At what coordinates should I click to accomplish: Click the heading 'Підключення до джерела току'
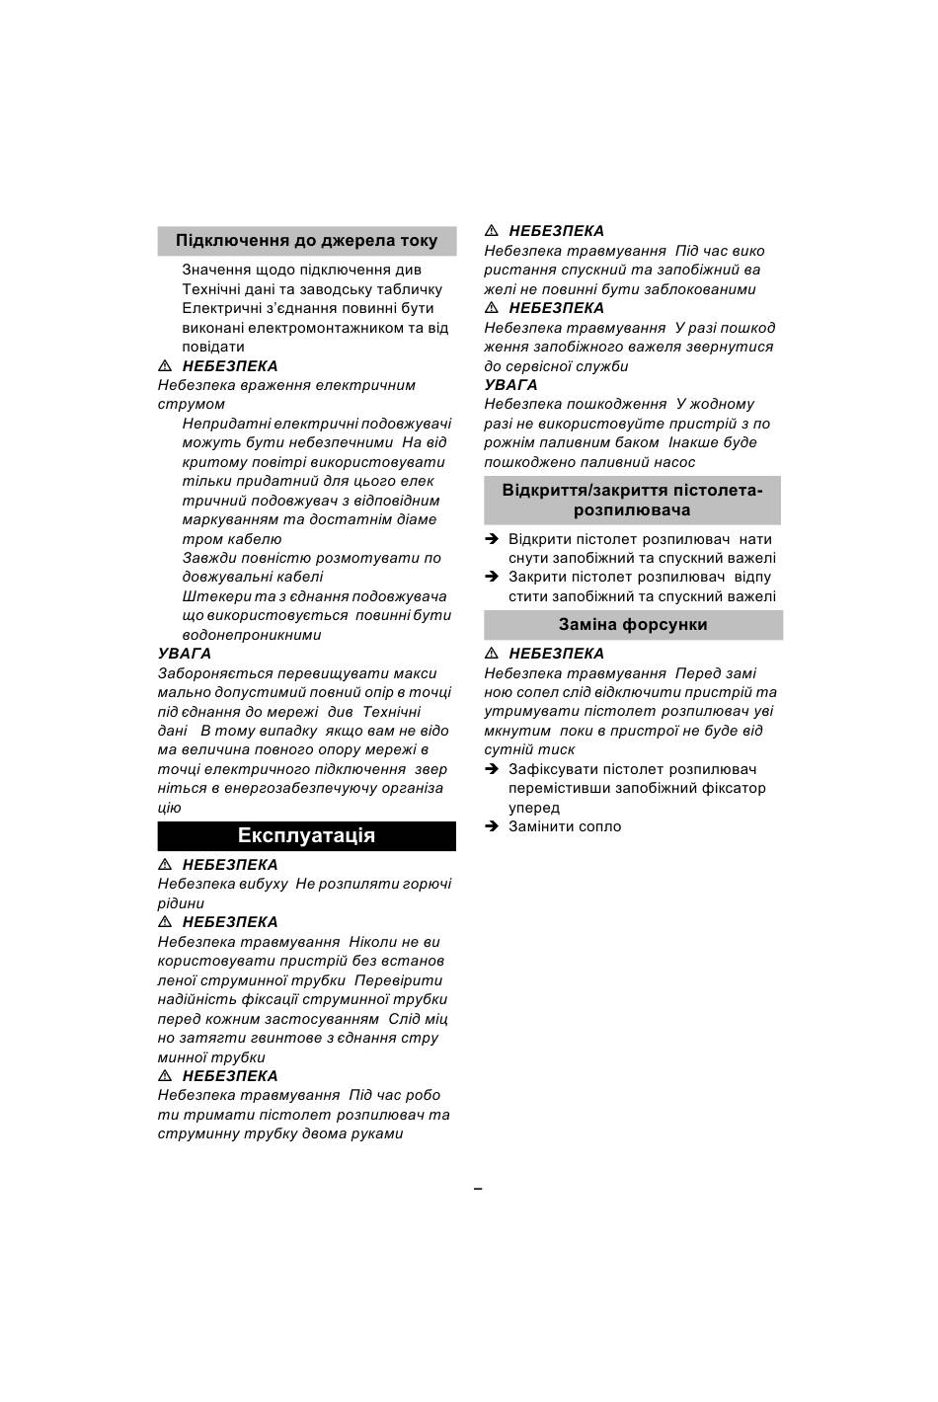pyautogui.click(x=306, y=241)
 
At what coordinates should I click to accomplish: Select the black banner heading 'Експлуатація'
pyautogui.click(x=306, y=836)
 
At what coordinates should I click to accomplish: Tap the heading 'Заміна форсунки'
pyautogui.click(x=633, y=625)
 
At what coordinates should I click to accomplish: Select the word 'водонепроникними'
pyautogui.click(x=251, y=635)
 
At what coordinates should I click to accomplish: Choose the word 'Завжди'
pyautogui.click(x=209, y=558)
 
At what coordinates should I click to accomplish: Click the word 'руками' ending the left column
pyautogui.click(x=377, y=1133)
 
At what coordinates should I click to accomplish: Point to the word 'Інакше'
pyautogui.click(x=695, y=442)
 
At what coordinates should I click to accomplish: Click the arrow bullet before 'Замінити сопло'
pyautogui.click(x=492, y=826)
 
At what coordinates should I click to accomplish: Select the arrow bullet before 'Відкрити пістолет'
pyautogui.click(x=492, y=539)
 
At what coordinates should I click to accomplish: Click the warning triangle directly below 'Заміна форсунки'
pyautogui.click(x=491, y=654)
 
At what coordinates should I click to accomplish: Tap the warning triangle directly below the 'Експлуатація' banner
pyautogui.click(x=165, y=865)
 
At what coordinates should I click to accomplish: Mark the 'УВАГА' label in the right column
pyautogui.click(x=510, y=385)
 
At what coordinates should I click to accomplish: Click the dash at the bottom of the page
pyautogui.click(x=478, y=1189)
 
